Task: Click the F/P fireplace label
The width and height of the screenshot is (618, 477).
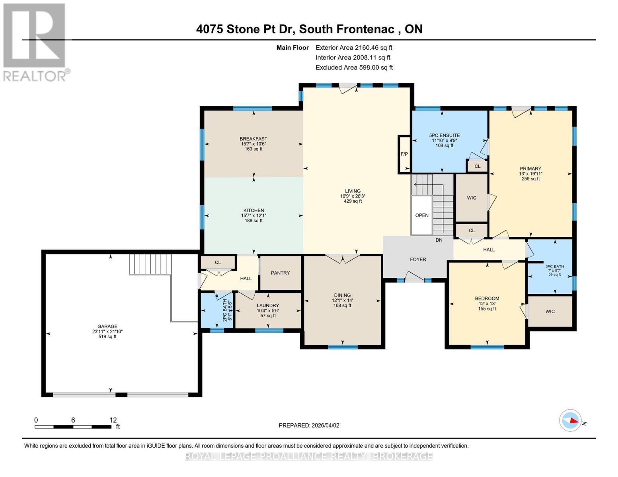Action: (x=404, y=154)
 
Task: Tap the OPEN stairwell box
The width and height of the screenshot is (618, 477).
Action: (x=422, y=215)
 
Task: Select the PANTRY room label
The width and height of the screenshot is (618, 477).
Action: (x=280, y=273)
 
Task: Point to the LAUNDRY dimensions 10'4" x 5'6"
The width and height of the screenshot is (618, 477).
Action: (x=268, y=310)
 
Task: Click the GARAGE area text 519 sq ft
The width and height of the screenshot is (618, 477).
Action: (x=107, y=337)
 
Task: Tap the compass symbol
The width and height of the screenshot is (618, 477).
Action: (x=570, y=420)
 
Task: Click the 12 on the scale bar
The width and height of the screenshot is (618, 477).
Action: (x=113, y=420)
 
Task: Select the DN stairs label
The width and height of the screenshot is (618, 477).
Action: (x=439, y=240)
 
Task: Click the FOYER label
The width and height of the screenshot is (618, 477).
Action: (x=418, y=259)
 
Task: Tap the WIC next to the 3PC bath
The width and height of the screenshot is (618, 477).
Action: (x=550, y=311)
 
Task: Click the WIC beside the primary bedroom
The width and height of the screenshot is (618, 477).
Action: (x=472, y=198)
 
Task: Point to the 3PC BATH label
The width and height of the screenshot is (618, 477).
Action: (x=554, y=266)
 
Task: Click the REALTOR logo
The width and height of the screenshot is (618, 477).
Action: (x=35, y=42)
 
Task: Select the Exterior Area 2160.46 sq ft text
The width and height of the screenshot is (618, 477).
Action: (x=354, y=47)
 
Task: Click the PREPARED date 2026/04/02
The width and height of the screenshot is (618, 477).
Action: (x=309, y=425)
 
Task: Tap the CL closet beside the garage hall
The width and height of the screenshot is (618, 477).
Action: (x=218, y=262)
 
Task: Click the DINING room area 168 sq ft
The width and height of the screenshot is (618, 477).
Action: (x=342, y=305)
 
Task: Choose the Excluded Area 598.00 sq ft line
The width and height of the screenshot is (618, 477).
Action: (x=354, y=68)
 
